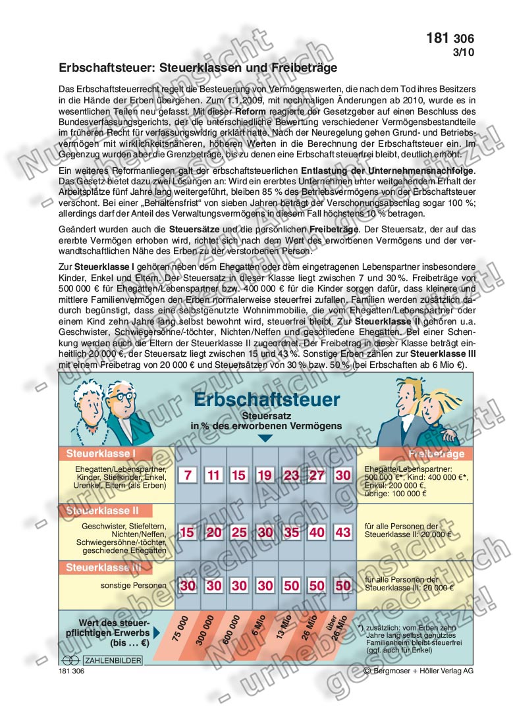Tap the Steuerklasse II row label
(102, 510)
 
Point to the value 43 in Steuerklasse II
(342, 532)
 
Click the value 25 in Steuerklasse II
(240, 532)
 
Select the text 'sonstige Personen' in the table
(129, 584)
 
